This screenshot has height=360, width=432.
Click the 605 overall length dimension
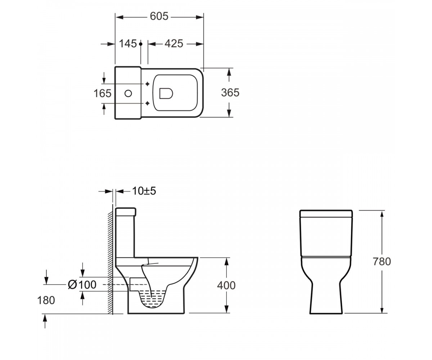[x=159, y=16]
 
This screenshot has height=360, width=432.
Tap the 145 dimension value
[x=128, y=44]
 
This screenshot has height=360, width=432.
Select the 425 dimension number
[x=174, y=44]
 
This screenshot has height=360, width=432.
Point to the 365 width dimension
[x=230, y=93]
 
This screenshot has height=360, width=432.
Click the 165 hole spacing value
[x=102, y=93]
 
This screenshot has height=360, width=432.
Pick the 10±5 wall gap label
[x=144, y=191]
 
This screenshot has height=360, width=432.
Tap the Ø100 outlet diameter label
[x=82, y=285]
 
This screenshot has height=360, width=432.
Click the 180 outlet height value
[x=46, y=300]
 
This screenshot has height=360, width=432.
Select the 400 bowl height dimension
[x=226, y=285]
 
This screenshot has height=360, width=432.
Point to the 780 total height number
[x=382, y=261]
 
